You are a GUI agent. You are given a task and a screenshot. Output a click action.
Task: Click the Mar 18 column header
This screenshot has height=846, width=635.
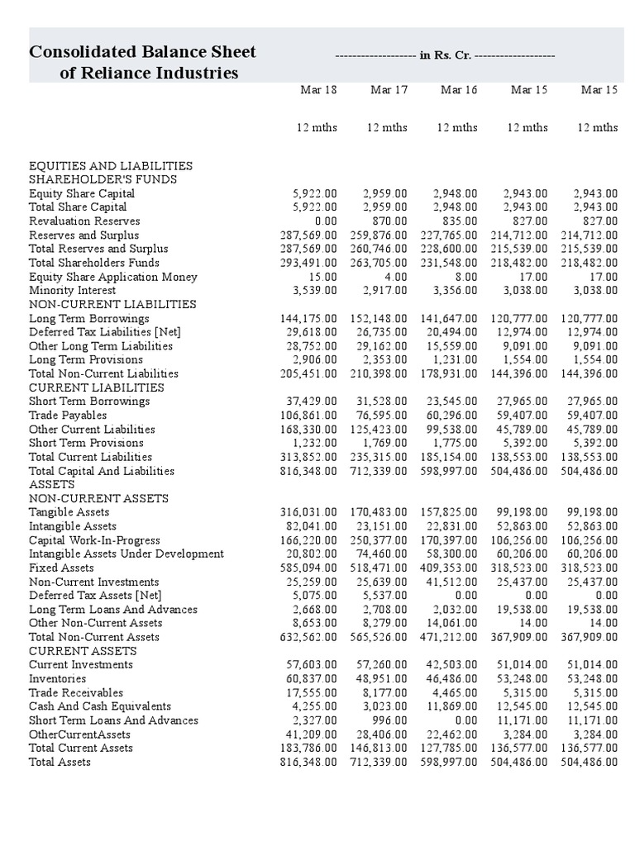[317, 90]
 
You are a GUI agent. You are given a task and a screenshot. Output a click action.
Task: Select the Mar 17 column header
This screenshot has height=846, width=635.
[389, 90]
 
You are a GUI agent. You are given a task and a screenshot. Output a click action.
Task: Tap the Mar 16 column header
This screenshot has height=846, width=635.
[459, 90]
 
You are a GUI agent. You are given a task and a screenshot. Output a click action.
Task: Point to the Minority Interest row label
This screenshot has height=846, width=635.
[73, 291]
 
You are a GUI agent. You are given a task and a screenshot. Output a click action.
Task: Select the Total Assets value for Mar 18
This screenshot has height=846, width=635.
[308, 763]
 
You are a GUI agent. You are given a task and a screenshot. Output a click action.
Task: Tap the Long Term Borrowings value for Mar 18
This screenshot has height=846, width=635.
[308, 319]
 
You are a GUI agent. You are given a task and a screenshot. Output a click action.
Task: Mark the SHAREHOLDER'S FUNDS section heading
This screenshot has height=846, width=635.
[103, 179]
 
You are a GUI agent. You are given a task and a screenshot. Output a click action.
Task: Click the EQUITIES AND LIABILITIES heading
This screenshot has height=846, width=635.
[111, 166]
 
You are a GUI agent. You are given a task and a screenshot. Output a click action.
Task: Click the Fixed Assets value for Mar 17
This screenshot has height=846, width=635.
[379, 568]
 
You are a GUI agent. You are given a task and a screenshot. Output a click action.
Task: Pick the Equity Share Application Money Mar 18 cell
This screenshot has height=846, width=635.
[322, 277]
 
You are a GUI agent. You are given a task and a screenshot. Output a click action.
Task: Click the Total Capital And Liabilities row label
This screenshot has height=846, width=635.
[102, 471]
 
